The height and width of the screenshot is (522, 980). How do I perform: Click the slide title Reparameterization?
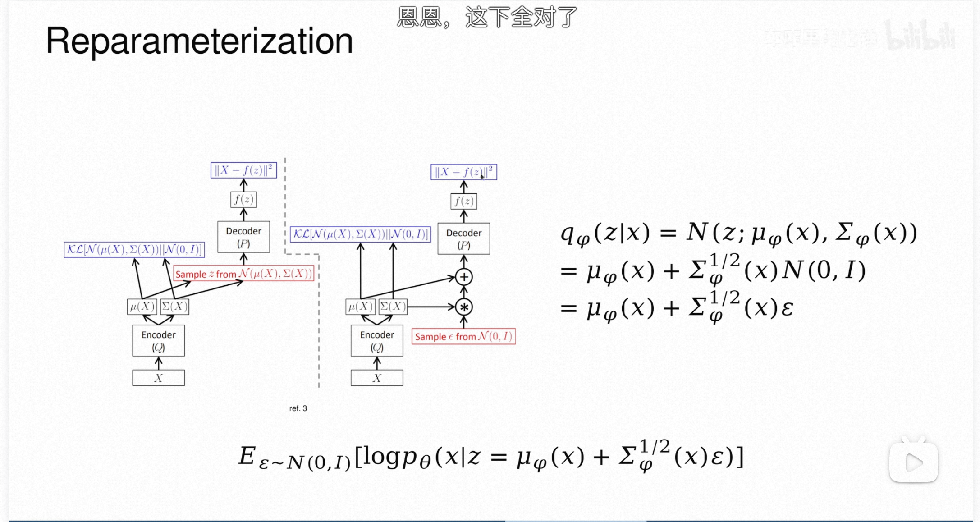point(199,41)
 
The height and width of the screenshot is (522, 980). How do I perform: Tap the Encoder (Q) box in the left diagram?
point(158,341)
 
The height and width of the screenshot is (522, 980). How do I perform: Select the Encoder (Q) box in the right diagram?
point(377,341)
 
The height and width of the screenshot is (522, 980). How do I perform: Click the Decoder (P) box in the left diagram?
point(243,237)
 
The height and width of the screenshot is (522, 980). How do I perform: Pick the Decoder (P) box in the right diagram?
point(463,239)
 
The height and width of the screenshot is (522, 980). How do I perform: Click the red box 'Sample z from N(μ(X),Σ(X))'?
point(243,274)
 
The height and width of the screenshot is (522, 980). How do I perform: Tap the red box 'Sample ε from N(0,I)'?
point(463,336)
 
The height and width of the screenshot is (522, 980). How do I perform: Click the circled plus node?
point(463,277)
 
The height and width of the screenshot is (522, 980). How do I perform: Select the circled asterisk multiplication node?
point(463,307)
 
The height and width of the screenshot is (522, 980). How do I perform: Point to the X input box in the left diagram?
point(158,378)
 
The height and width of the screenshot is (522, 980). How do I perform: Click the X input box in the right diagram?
point(377,378)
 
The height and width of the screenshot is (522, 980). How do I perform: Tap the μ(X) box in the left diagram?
point(142,307)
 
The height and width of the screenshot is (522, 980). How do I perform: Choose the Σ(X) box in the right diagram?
point(393,307)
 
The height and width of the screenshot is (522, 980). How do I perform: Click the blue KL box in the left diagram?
point(134,250)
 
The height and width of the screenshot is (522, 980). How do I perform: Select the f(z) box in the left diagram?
point(243,199)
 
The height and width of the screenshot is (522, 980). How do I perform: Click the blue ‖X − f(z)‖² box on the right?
point(463,172)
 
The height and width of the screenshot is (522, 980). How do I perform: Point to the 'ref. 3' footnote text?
point(298,408)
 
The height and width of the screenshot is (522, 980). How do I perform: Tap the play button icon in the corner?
point(913,462)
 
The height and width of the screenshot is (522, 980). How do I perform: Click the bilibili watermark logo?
point(920,36)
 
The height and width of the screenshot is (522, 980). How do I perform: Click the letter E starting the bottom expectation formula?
point(247,456)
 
